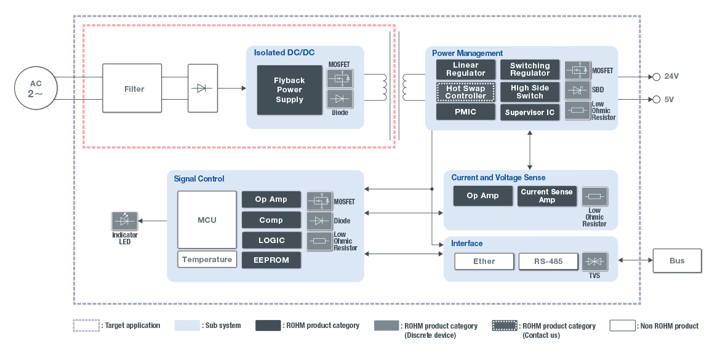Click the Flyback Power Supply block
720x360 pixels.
pos(289,90)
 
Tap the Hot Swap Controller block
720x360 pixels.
pos(465,92)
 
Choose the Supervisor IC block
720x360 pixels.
pos(529,113)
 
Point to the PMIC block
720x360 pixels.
pos(465,112)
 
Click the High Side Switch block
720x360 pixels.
pos(529,92)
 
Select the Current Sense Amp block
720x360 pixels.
pos(546,196)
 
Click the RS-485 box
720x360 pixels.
pos(548,261)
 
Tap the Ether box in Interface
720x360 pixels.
pos(484,261)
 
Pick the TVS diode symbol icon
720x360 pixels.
pos(594,262)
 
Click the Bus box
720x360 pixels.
pos(676,260)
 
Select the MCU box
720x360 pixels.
pos(207,220)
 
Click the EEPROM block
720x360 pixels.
pos(271,260)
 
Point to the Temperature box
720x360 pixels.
pos(207,260)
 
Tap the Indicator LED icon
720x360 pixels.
pos(124,220)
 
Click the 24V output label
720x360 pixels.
pos(671,76)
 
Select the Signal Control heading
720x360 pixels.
pos(199,179)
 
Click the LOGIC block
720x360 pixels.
pos(271,240)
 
